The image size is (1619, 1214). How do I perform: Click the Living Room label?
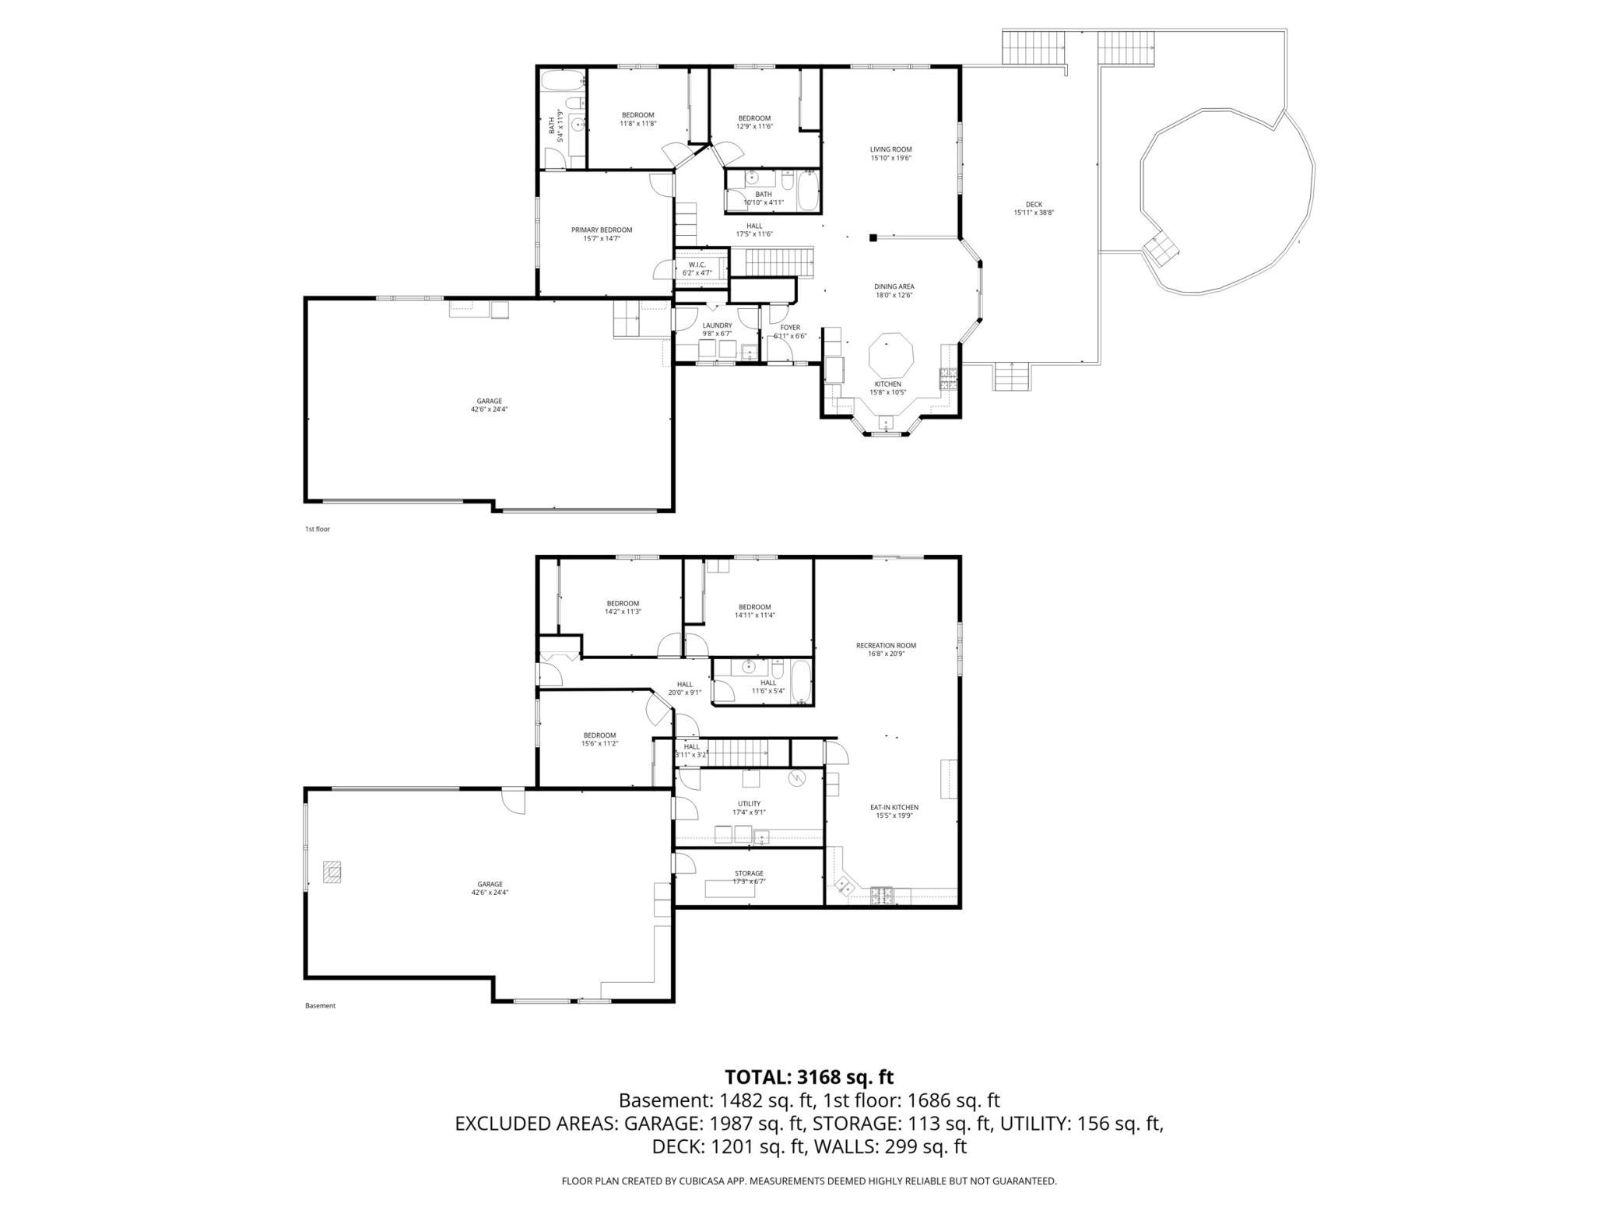pos(890,153)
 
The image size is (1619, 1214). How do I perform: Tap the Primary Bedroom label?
pos(602,234)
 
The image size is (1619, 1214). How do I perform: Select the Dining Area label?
pos(893,291)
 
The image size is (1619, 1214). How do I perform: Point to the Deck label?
pos(1034,209)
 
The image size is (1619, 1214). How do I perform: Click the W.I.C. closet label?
pos(697,268)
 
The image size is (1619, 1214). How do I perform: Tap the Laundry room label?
pos(717,329)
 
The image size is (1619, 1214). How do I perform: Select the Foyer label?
pos(790,332)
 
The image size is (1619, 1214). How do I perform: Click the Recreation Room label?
pos(886,649)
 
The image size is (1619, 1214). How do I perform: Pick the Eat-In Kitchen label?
pos(894,811)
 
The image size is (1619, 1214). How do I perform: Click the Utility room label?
pos(749,808)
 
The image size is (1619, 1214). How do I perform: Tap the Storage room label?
pos(749,877)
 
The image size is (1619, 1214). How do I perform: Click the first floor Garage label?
pos(490,405)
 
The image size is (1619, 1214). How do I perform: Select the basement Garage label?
pos(490,888)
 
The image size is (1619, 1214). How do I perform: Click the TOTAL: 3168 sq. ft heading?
pos(809,1077)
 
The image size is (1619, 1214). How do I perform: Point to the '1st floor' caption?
pos(318,529)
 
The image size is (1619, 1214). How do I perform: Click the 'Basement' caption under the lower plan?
pos(320,1005)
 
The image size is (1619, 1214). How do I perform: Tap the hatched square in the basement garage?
pos(333,872)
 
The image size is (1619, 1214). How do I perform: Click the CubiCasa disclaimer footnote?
pos(809,1181)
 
